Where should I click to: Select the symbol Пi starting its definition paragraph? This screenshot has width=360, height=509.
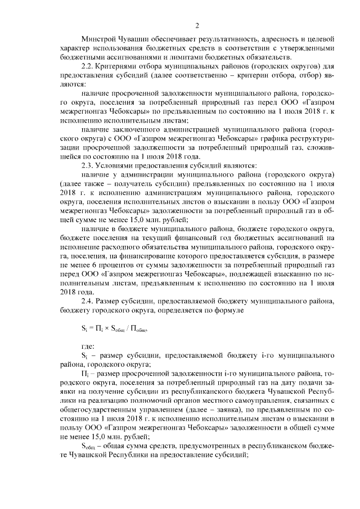[85, 373]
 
